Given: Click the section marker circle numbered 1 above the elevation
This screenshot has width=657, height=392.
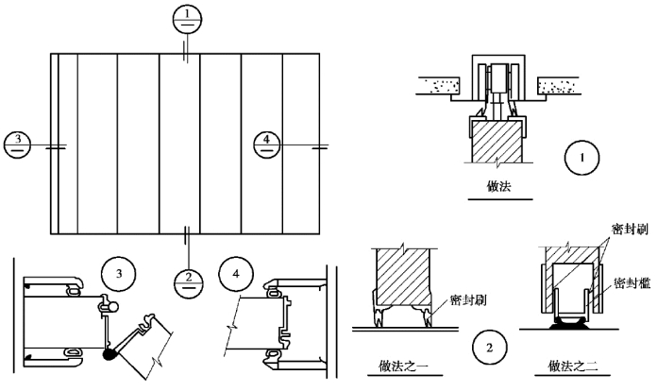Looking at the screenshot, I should point(189,18).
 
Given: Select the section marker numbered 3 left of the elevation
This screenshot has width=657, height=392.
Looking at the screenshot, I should point(18,145).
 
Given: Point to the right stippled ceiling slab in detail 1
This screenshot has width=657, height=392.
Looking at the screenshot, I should point(564,86).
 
